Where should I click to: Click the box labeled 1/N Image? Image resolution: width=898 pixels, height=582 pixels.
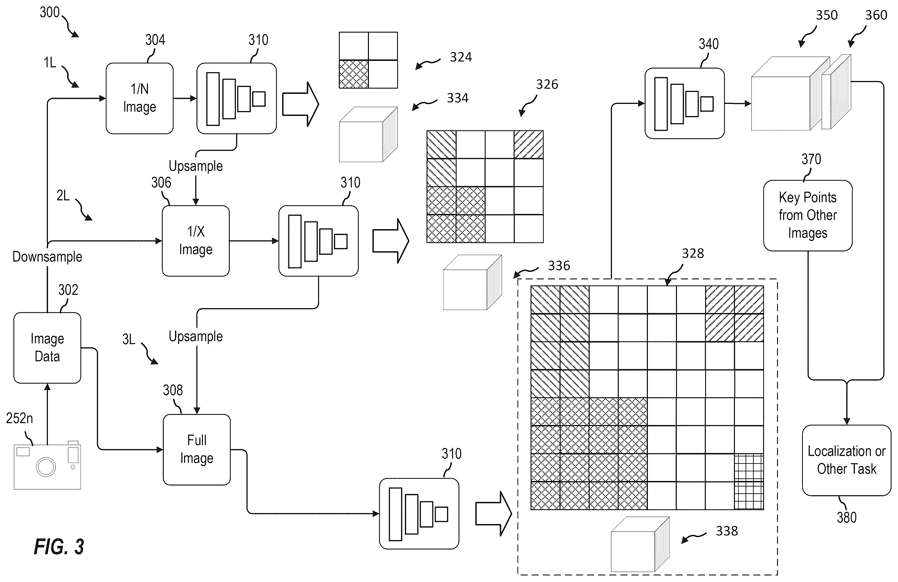(x=139, y=98)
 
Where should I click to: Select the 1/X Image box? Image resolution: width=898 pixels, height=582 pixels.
(x=196, y=241)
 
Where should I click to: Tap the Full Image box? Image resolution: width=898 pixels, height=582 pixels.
(x=196, y=450)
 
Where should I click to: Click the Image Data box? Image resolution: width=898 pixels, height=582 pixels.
(x=47, y=348)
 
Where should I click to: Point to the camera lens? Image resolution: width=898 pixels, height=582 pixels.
(x=46, y=466)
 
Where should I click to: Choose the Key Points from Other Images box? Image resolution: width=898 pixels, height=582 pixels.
(x=808, y=216)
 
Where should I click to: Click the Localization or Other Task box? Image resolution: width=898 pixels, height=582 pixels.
(x=847, y=460)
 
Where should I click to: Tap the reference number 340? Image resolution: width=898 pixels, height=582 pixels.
(x=708, y=44)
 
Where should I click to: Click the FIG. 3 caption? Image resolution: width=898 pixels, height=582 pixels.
(x=59, y=546)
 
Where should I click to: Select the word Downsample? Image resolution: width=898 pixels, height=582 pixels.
(x=47, y=257)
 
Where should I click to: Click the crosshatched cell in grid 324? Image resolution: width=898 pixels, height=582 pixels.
(x=354, y=74)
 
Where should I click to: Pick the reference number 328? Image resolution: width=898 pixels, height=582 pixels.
(x=693, y=253)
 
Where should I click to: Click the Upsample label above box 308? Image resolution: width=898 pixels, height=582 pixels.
(x=195, y=336)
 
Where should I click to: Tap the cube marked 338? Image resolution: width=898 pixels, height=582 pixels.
(x=640, y=544)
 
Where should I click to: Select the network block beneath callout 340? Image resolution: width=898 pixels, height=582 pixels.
(x=684, y=103)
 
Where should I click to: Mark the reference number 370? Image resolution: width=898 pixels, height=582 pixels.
(x=811, y=159)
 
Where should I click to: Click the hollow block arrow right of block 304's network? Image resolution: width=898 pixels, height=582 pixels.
(x=301, y=104)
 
